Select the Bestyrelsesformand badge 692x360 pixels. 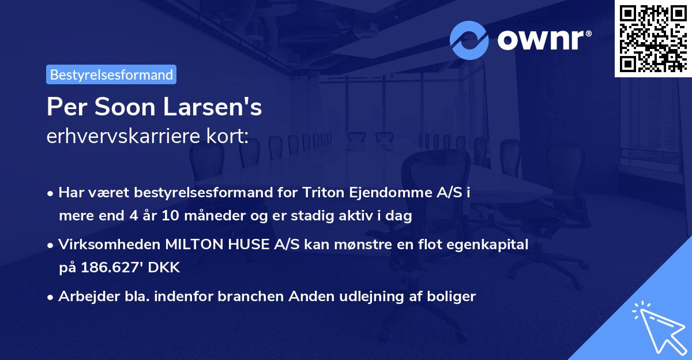click(x=111, y=74)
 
